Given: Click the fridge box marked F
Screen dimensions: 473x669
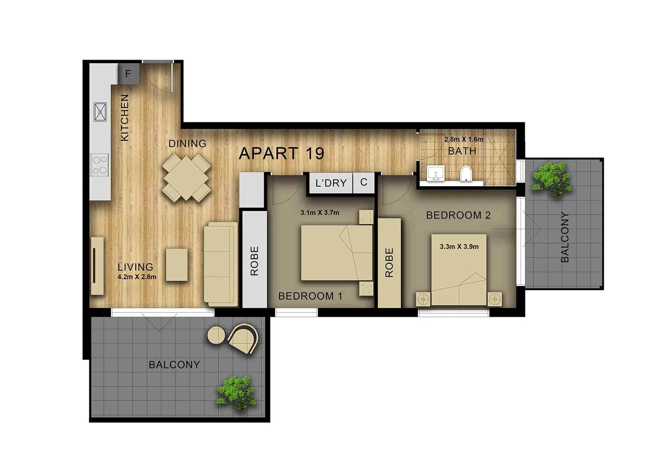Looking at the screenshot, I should pos(128,74).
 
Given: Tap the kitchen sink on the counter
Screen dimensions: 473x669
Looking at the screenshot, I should pos(100,112).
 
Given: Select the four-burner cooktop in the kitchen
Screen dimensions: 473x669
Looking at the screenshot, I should pos(100,165).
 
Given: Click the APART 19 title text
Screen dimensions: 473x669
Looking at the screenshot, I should pos(281,153).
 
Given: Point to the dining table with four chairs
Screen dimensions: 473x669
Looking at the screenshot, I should pos(186,177).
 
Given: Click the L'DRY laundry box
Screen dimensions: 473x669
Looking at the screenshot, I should pos(331,183).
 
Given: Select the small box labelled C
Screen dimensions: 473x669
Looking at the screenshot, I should pos(364,182).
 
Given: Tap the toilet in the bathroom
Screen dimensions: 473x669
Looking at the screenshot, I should pos(466,174).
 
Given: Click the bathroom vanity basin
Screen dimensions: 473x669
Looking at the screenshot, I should pos(435,173).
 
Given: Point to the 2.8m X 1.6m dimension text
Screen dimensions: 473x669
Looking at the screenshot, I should pos(464,139).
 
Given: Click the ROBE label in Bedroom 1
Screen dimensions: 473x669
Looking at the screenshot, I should pos(255,261).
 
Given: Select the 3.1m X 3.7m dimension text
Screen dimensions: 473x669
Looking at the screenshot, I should pos(319,213).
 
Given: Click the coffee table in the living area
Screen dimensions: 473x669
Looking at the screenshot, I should pos(177,265).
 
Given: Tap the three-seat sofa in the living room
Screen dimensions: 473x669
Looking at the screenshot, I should pos(221,264).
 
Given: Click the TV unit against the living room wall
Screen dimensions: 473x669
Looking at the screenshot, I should pos(97,266).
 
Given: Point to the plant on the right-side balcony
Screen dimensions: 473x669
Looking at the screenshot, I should pos(553,178).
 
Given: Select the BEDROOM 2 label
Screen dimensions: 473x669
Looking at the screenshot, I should pos(458,215).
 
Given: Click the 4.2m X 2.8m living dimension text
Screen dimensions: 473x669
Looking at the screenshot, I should pos(137,277).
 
